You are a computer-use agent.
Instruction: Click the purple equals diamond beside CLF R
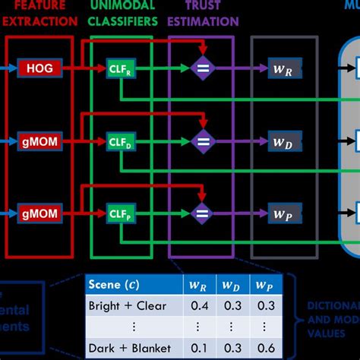(x=202, y=69)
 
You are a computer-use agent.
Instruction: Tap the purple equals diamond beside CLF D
(x=202, y=141)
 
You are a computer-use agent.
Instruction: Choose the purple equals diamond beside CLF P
(x=202, y=212)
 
